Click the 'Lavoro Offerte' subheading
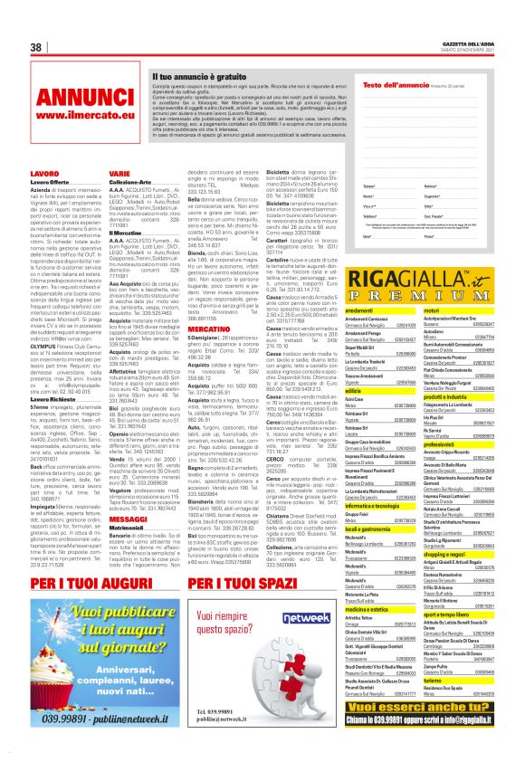[x=52, y=183]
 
